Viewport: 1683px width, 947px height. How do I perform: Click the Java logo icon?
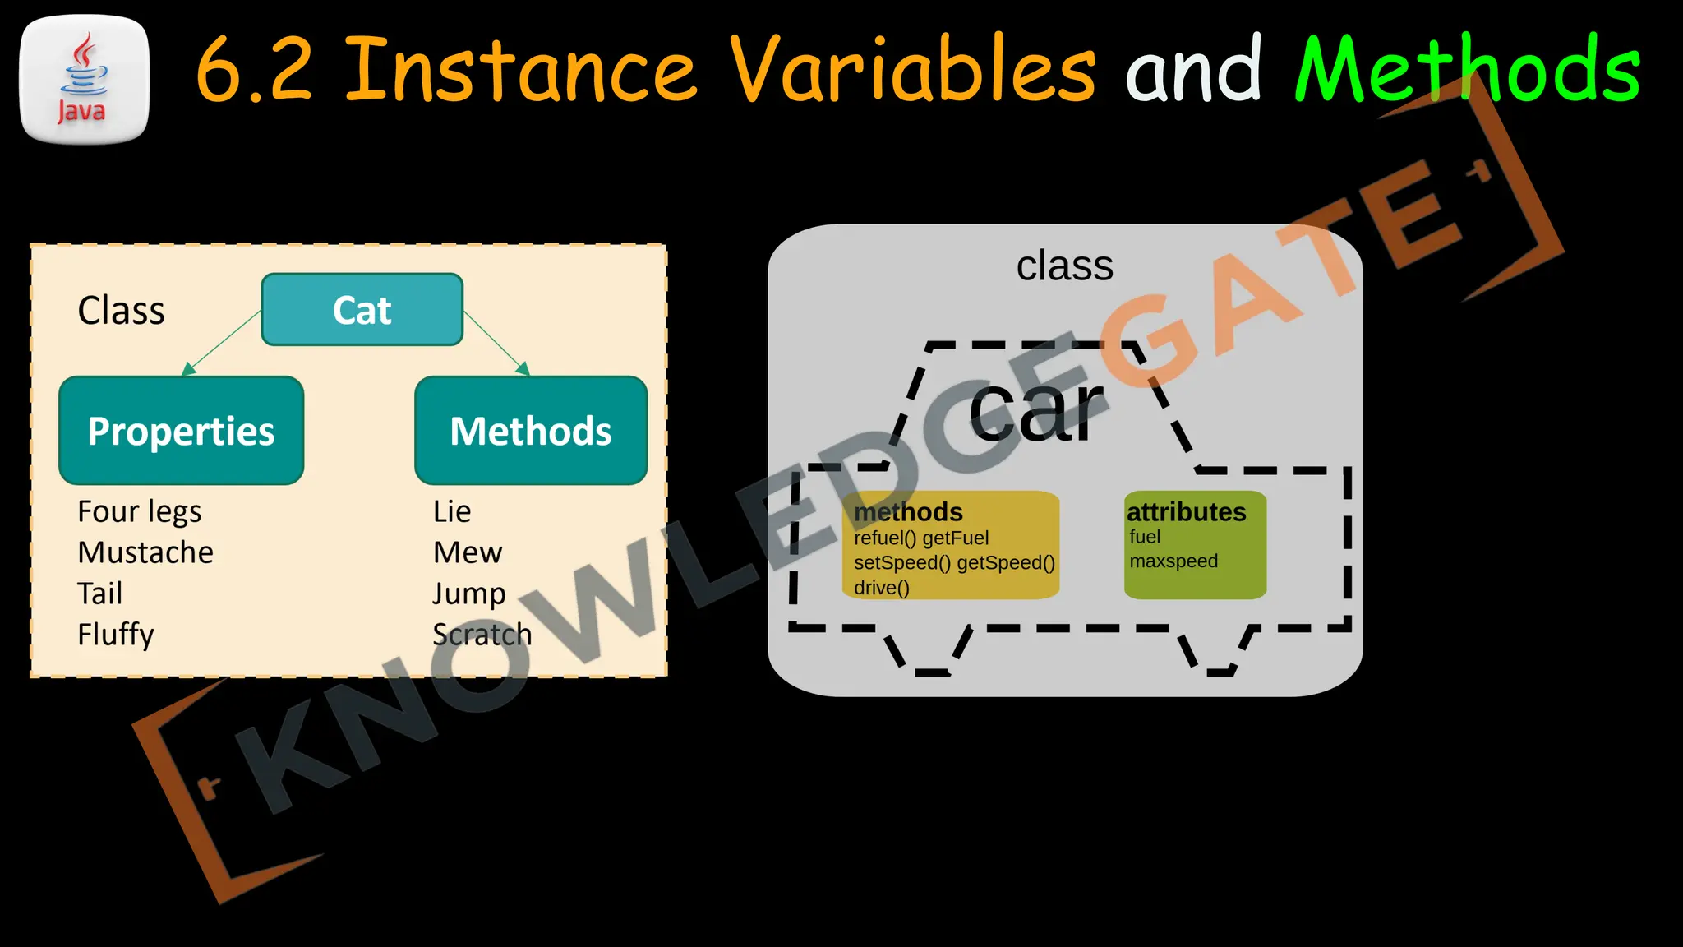point(84,79)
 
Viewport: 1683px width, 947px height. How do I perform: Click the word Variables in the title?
point(912,71)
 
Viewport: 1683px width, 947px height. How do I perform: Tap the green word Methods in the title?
point(1468,71)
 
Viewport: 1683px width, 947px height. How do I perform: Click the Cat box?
point(362,310)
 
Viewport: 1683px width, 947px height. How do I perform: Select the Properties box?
point(181,431)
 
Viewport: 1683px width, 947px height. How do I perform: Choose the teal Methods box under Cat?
point(531,431)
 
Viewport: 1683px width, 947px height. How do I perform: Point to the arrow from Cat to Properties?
point(220,343)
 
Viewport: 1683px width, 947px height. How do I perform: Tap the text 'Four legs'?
point(139,512)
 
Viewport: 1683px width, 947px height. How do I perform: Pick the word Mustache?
point(145,552)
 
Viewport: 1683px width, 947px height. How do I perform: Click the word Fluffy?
point(116,635)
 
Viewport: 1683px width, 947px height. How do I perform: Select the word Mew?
point(468,552)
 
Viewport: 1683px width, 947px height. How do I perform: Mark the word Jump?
point(469,594)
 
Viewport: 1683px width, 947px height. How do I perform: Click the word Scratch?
point(482,635)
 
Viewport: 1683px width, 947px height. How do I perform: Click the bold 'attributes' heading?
point(1186,512)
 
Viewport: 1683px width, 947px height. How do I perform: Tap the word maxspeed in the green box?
point(1173,561)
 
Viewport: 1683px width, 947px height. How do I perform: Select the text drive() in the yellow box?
point(881,588)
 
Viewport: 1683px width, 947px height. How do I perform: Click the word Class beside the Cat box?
point(121,311)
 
